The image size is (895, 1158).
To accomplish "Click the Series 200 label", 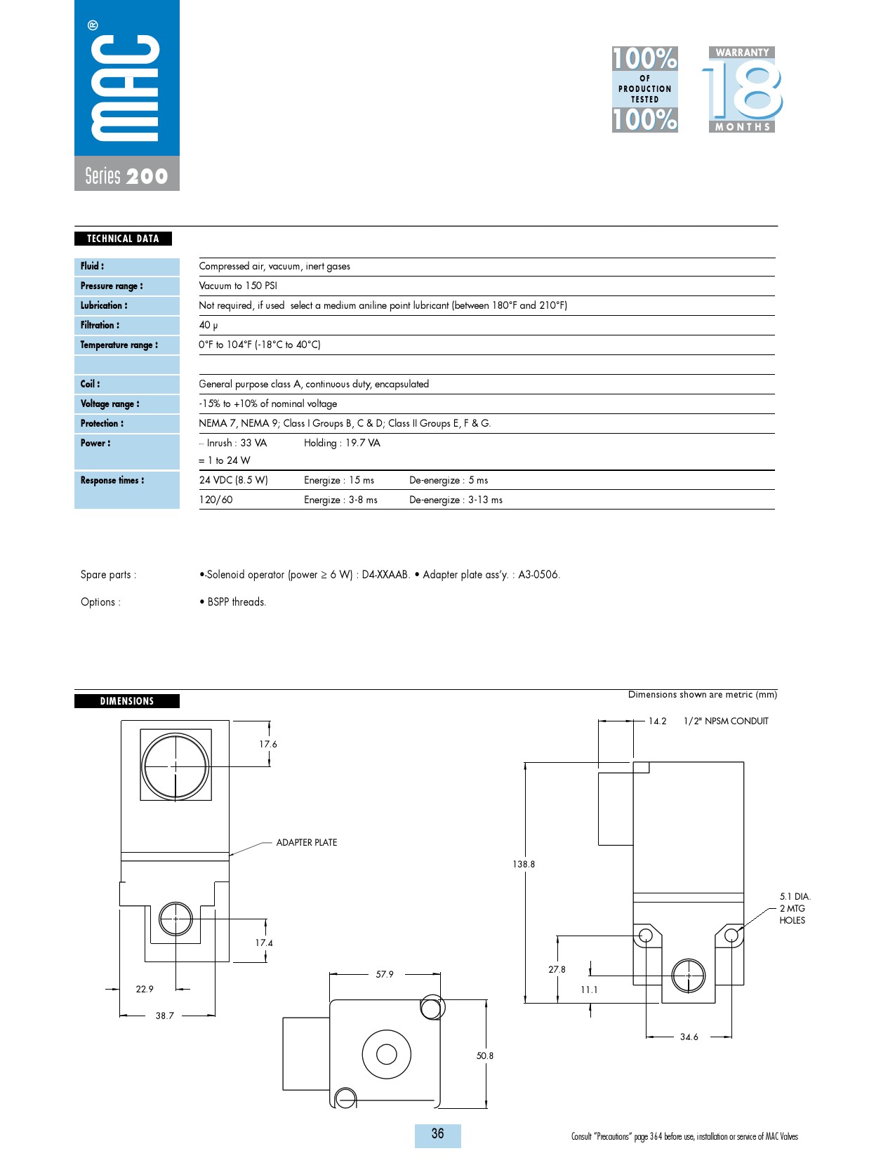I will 126,175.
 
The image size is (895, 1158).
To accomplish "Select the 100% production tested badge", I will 644,89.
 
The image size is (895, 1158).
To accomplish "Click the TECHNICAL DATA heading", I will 123,239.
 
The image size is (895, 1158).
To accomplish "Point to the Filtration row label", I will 100,325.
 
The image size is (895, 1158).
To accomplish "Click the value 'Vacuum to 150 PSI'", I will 238,286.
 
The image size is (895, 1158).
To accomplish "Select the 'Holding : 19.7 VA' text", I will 342,443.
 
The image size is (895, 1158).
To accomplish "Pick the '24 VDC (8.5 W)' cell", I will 233,480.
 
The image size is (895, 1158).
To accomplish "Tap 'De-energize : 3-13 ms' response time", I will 456,500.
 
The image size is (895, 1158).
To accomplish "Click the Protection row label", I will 102,423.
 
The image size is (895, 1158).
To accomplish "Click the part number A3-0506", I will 538,574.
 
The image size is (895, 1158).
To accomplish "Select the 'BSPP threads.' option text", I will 237,601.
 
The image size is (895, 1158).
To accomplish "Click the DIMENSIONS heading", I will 126,701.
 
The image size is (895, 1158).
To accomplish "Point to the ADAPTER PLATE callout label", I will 306,842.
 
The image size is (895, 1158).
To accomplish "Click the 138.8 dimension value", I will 524,864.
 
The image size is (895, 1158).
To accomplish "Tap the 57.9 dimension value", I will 385,974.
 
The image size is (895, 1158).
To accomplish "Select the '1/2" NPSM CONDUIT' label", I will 726,721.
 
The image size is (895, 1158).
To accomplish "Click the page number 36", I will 437,1133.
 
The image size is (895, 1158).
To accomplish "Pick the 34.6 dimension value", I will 689,1037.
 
